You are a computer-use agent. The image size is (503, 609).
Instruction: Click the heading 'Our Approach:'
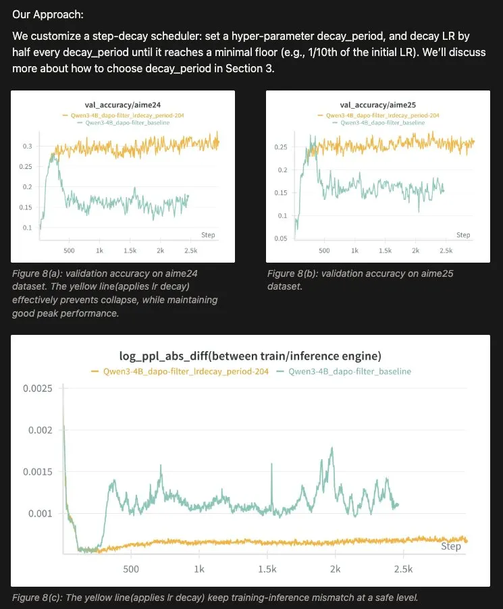pyautogui.click(x=49, y=14)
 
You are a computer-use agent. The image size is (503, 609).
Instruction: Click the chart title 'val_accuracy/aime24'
pyautogui.click(x=123, y=105)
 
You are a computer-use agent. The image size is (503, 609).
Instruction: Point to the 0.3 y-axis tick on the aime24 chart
pyautogui.click(x=27, y=146)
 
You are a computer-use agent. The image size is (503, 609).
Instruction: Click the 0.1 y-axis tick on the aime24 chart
pyautogui.click(x=27, y=228)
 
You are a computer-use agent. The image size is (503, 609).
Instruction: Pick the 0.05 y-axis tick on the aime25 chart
pyautogui.click(x=280, y=239)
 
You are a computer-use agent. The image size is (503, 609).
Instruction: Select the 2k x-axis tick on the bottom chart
pyautogui.click(x=336, y=568)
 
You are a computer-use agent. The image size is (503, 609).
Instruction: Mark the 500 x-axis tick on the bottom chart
pyautogui.click(x=131, y=568)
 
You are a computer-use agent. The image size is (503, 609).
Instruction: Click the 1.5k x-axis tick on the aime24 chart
pyautogui.click(x=130, y=250)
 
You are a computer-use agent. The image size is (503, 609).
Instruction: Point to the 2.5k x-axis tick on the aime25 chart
pyautogui.click(x=446, y=250)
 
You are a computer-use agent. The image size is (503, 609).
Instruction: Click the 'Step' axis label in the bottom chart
pyautogui.click(x=450, y=546)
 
